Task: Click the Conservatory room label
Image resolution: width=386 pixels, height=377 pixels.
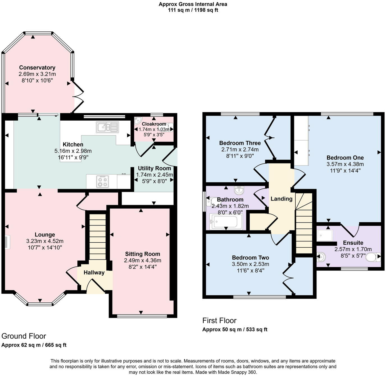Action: pos(37,68)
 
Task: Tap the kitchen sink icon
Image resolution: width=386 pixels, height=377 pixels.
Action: pos(107,127)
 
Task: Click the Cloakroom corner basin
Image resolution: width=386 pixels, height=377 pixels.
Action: pos(138,121)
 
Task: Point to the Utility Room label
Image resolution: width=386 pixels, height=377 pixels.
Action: pos(154,168)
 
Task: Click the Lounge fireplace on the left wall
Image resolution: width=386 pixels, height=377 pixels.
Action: pos(7,242)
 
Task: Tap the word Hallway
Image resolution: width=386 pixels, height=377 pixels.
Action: pos(94,272)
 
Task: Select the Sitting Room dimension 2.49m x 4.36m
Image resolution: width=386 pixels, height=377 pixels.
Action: pos(143,260)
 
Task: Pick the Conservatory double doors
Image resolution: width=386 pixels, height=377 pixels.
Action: pos(78,97)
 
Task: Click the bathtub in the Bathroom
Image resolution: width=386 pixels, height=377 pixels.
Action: pos(226,221)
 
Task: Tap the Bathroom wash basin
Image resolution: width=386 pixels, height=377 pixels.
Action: pos(239,191)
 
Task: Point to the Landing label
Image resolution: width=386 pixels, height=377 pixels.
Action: pos(281,199)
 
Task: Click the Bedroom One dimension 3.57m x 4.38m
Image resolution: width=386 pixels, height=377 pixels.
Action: pos(345,164)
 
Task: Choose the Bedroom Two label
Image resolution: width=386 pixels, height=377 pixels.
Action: pos(250,258)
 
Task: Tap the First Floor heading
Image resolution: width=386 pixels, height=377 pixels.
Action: pos(219,321)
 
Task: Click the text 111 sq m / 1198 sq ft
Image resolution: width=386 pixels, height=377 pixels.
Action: pos(193,10)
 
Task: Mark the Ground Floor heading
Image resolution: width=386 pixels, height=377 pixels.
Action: pos(24,336)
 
